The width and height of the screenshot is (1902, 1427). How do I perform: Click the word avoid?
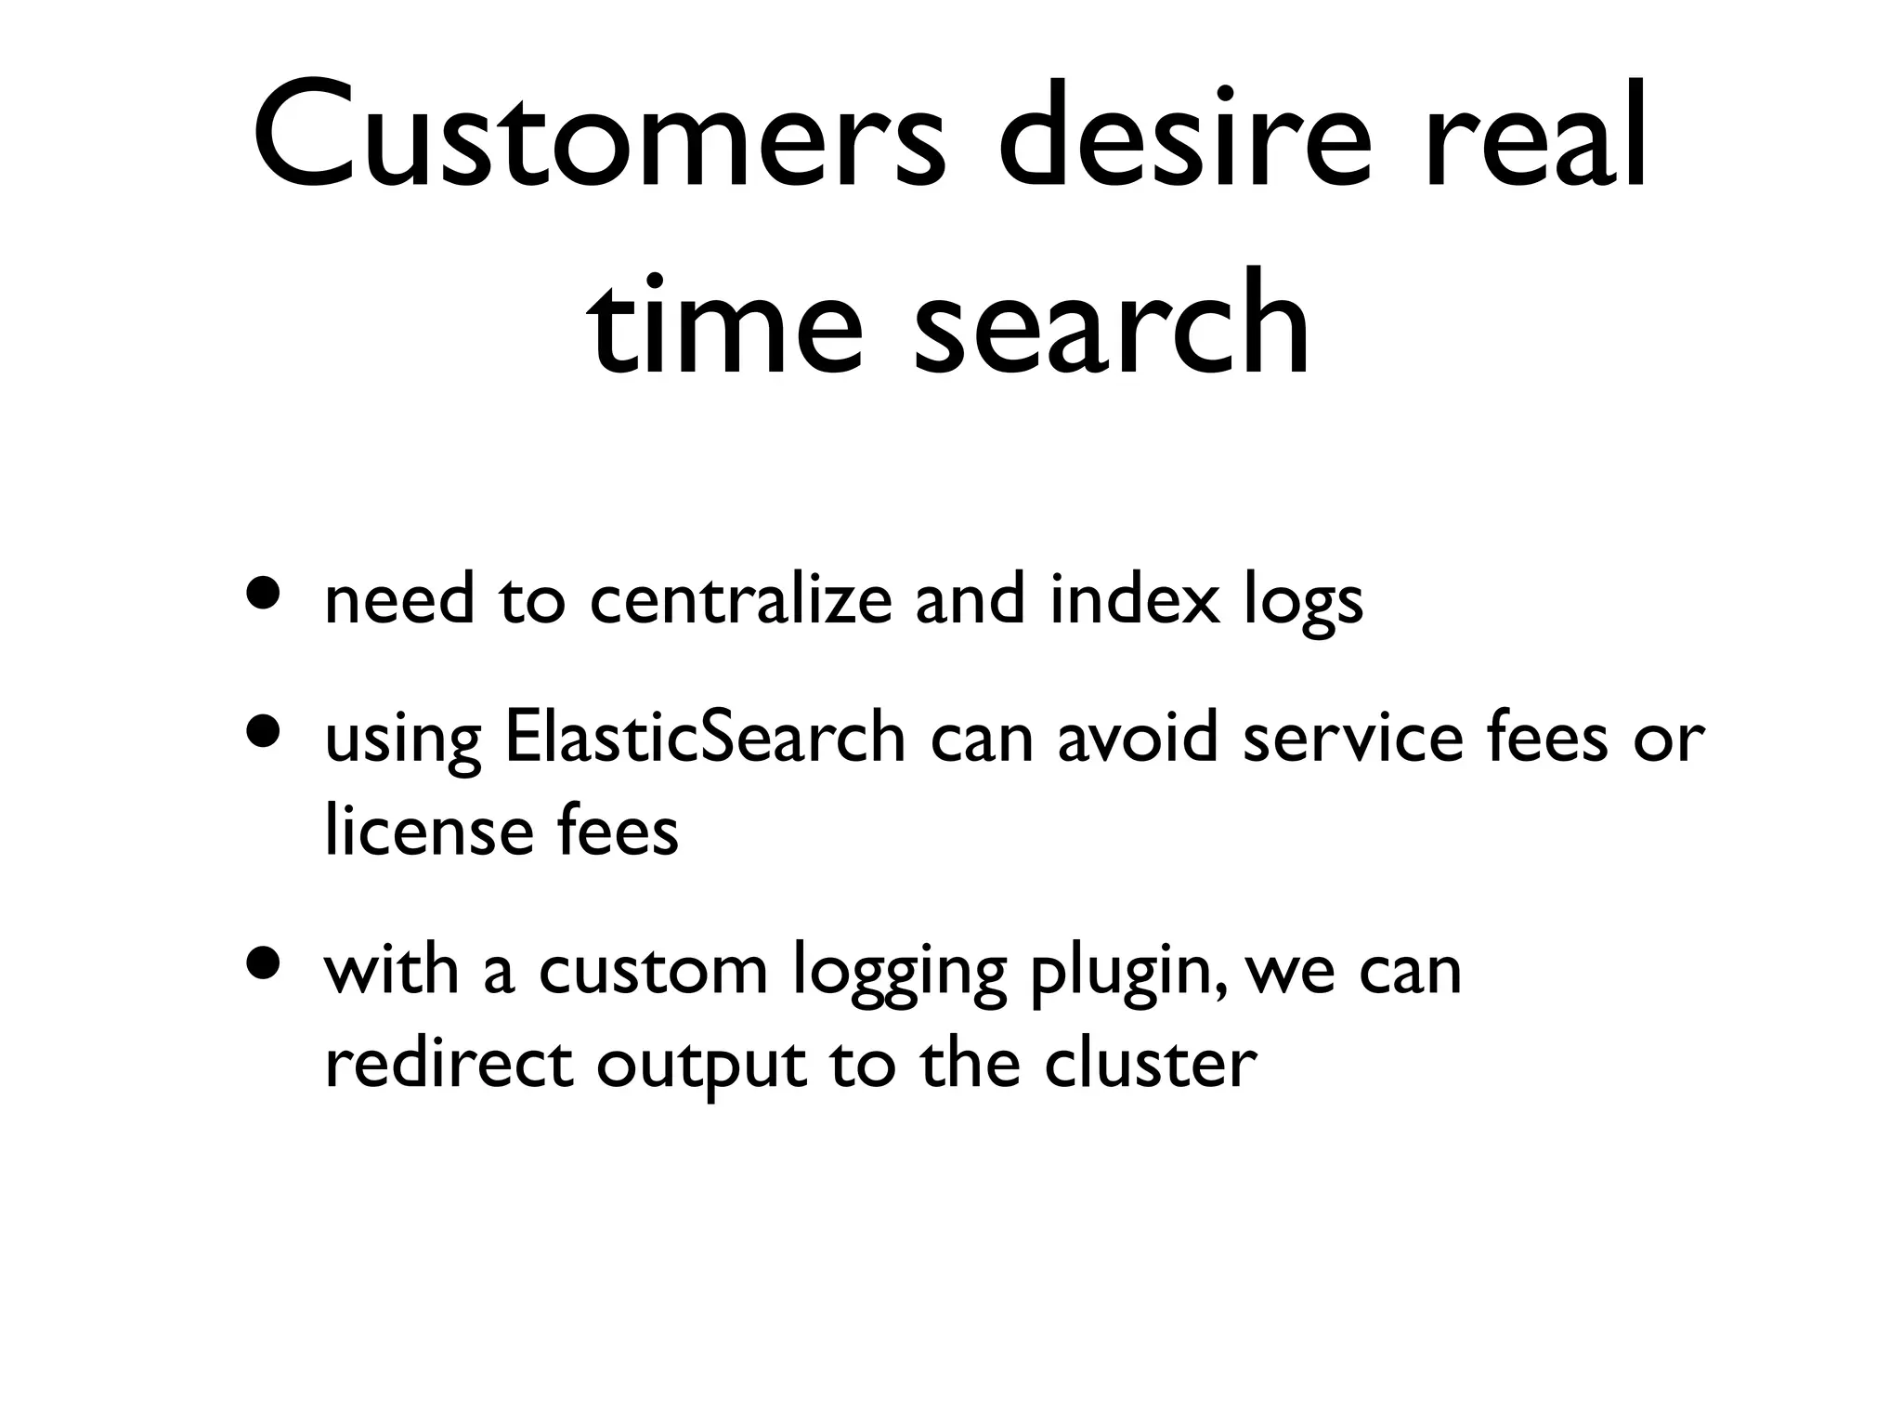(x=1137, y=739)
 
